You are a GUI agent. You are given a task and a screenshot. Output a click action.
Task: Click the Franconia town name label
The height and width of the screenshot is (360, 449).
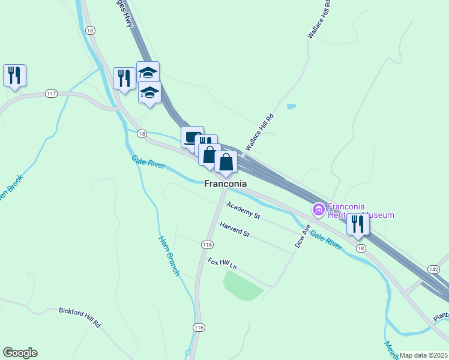226,184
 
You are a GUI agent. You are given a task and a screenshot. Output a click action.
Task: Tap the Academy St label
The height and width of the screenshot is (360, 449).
243,211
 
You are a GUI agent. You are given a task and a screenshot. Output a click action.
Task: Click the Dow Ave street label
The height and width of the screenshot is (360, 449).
302,236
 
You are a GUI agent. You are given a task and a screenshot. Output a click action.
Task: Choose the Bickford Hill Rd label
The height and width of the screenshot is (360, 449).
80,317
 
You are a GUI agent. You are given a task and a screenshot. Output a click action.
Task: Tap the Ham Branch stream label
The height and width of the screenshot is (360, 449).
169,256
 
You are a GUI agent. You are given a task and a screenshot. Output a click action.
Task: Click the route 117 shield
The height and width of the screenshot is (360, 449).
50,94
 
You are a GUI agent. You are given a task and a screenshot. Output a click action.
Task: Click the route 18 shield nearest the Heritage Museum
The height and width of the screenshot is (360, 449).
360,248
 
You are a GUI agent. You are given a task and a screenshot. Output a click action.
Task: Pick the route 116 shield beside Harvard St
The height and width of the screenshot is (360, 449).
207,245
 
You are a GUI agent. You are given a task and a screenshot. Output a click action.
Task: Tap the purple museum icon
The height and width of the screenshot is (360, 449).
318,209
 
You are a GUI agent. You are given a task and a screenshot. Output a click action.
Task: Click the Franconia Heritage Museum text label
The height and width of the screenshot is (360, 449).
361,211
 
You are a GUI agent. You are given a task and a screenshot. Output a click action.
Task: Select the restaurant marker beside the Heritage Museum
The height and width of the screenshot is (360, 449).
358,224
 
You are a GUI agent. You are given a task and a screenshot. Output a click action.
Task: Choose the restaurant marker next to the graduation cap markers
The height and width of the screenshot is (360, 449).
124,78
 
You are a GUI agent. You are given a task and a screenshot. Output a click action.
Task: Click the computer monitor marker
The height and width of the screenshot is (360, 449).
192,137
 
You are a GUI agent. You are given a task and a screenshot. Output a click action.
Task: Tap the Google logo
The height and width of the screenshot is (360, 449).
20,353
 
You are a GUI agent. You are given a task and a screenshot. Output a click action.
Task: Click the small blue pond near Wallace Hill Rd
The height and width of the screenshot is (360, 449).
291,107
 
